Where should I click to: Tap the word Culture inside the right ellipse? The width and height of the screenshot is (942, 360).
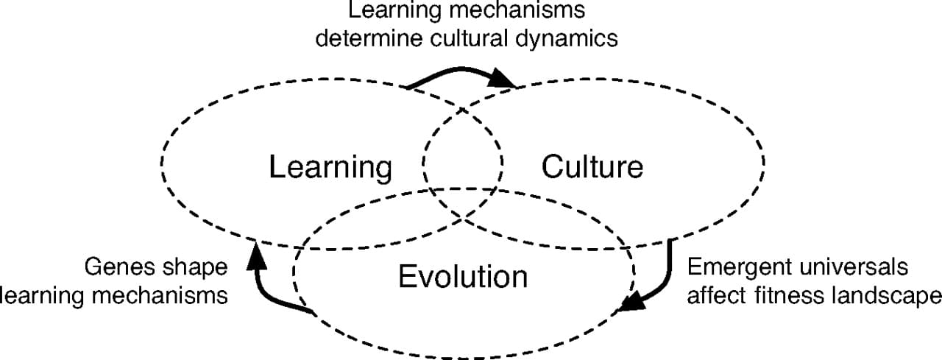pyautogui.click(x=592, y=167)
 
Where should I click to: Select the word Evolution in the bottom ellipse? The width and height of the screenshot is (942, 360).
pyautogui.click(x=463, y=277)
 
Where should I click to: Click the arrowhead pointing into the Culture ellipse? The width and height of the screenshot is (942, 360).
pyautogui.click(x=502, y=78)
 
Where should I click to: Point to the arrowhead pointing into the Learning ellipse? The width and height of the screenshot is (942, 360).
pyautogui.click(x=256, y=255)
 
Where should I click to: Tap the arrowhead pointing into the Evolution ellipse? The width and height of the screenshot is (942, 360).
pyautogui.click(x=632, y=302)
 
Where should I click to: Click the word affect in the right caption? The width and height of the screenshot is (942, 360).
pyautogui.click(x=718, y=295)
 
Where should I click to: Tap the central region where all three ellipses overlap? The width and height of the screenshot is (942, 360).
pyautogui.click(x=463, y=190)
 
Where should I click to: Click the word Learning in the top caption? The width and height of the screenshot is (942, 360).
pyautogui.click(x=394, y=11)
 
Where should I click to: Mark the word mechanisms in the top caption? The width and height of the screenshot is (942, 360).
pyautogui.click(x=517, y=10)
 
